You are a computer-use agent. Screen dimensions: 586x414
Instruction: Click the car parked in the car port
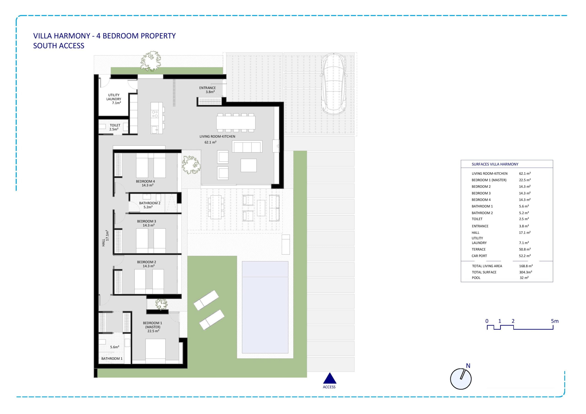(334, 84)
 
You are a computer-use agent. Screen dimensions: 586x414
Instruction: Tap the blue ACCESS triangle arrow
(329, 378)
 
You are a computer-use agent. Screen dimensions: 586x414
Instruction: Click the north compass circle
(461, 379)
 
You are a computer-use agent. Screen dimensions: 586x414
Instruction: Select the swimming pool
(265, 307)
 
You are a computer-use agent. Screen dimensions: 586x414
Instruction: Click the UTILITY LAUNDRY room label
(114, 99)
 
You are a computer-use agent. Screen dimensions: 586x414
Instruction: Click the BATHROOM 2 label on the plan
(149, 205)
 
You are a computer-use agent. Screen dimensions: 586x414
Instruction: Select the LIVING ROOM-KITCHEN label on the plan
(217, 139)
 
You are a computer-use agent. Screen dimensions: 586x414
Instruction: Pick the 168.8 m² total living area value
(526, 266)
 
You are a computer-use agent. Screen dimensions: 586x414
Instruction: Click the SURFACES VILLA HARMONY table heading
(495, 164)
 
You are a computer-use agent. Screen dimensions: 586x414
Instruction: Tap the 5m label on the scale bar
(555, 321)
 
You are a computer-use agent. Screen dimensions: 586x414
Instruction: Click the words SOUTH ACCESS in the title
(59, 46)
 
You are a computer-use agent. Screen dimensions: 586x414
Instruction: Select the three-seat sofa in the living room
(247, 147)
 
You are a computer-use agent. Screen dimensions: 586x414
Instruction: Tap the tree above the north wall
(151, 61)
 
